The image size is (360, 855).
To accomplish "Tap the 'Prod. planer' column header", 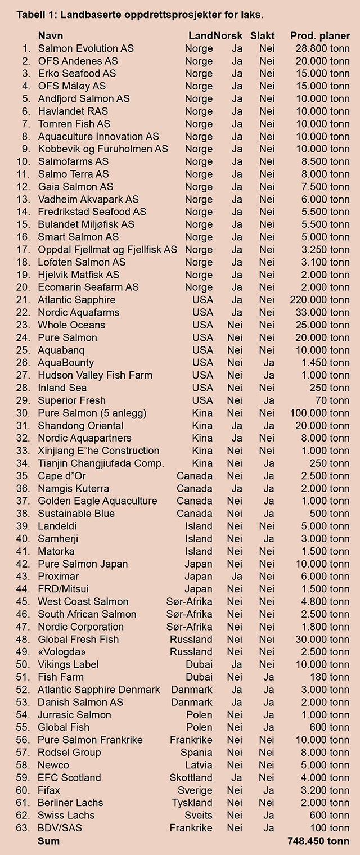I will pyautogui.click(x=320, y=36).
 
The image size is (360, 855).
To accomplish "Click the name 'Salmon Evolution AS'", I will pyautogui.click(x=86, y=48).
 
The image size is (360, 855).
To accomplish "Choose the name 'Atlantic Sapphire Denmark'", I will pyautogui.click(x=99, y=690).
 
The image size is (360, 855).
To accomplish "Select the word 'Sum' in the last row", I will pyautogui.click(x=48, y=841).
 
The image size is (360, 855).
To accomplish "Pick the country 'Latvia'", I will pyautogui.click(x=199, y=765).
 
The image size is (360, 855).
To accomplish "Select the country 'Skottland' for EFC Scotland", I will pyautogui.click(x=191, y=777).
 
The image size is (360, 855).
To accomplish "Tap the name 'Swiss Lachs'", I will pyautogui.click(x=66, y=815).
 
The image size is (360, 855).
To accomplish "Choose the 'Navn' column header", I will pyautogui.click(x=51, y=36).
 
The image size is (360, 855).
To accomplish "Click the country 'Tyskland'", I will pyautogui.click(x=192, y=803).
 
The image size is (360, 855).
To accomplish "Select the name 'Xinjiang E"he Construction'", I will pyautogui.click(x=98, y=451).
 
